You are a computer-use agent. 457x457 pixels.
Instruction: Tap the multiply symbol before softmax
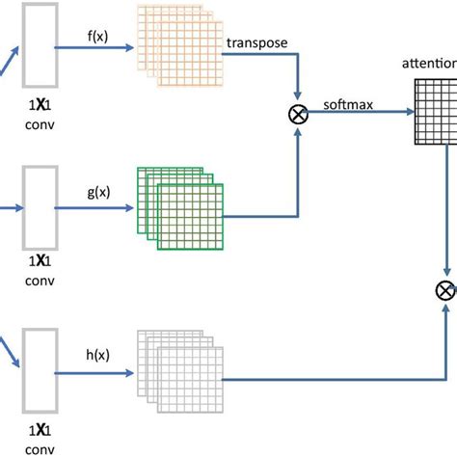(x=296, y=115)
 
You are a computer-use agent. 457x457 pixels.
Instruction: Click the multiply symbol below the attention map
(x=445, y=288)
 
